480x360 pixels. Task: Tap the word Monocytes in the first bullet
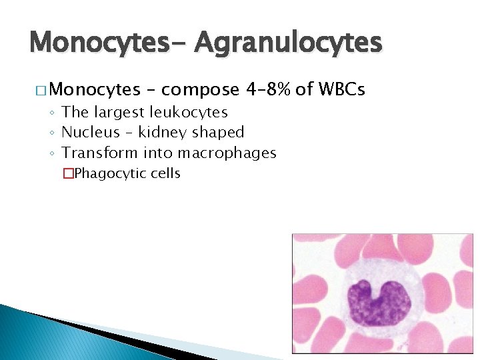point(95,89)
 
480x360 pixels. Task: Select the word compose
point(200,89)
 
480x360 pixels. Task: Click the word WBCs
point(343,89)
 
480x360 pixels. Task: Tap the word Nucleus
point(91,132)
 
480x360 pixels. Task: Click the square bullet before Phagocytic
point(67,174)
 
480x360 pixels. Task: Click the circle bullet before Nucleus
point(53,133)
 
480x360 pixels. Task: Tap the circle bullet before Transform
point(53,153)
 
